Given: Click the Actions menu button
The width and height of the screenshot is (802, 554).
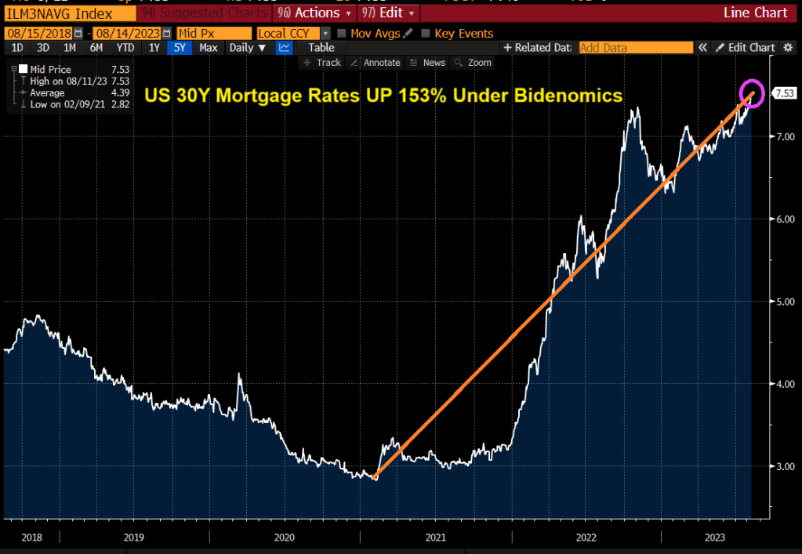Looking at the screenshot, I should [x=317, y=13].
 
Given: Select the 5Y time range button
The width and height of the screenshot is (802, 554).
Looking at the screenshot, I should [x=180, y=48].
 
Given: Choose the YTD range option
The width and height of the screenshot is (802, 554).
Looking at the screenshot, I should [x=125, y=48].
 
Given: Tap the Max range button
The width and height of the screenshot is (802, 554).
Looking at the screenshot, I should [x=209, y=48].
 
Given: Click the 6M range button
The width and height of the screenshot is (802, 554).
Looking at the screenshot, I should [x=96, y=48].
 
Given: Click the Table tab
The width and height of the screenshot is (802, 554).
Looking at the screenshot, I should [x=321, y=48].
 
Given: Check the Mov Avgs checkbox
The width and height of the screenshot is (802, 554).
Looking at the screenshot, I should [x=341, y=34].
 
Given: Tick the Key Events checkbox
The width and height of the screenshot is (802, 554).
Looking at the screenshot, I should [x=426, y=34].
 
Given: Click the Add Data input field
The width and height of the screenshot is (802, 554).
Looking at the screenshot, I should [x=636, y=48].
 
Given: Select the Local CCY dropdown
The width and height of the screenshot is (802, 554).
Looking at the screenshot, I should [x=294, y=34].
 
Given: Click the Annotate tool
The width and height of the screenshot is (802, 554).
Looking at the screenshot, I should [x=377, y=63].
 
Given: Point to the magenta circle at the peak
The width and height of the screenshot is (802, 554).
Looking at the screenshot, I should [x=752, y=93].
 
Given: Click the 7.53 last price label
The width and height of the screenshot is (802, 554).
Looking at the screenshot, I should [x=783, y=94].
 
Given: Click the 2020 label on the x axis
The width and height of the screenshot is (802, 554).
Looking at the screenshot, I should [x=284, y=537].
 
